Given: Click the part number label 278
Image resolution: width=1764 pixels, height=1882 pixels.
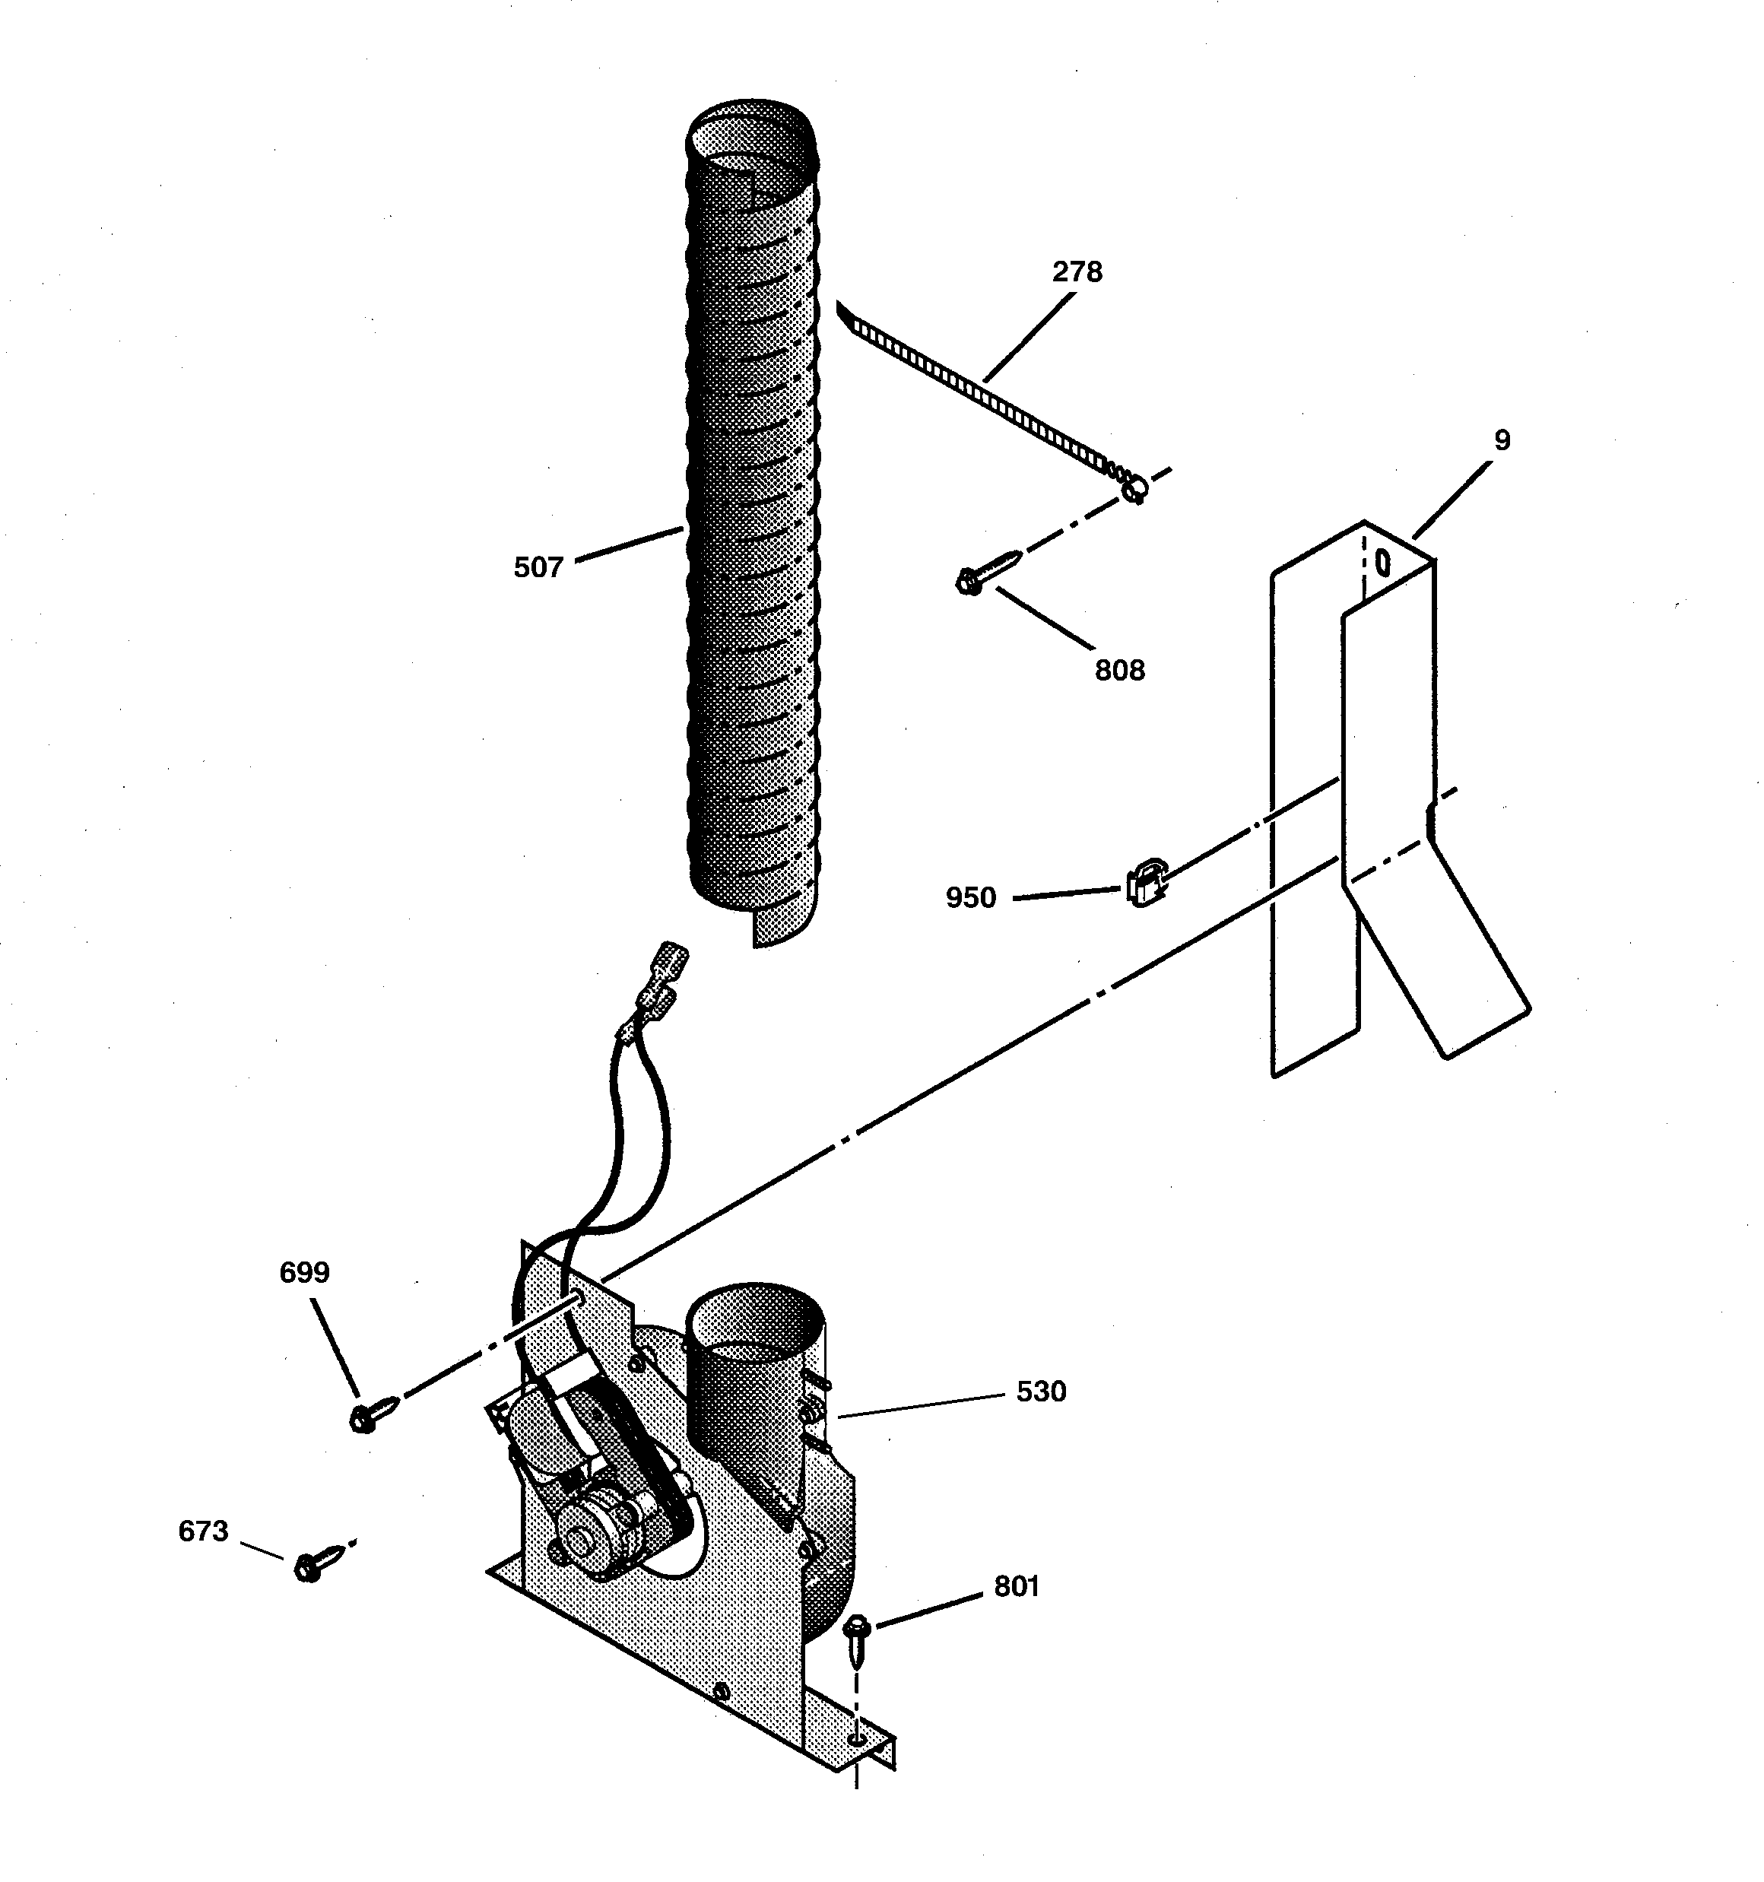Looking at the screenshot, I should (x=1077, y=273).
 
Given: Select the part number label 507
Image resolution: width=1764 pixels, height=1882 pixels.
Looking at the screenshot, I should (x=538, y=567).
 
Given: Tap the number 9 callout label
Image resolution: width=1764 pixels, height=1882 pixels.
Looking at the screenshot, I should (x=1502, y=441).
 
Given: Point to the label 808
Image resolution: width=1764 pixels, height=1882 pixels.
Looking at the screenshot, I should (x=1119, y=670).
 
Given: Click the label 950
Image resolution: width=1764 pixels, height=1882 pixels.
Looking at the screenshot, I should (x=970, y=897).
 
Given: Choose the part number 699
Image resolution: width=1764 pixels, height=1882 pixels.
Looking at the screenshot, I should (x=304, y=1272).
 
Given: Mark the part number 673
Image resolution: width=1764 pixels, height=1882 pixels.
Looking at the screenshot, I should (x=202, y=1531).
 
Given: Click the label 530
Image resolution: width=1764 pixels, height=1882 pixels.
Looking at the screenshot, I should (x=1041, y=1391).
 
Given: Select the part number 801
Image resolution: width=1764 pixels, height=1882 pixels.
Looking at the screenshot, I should (x=1016, y=1585).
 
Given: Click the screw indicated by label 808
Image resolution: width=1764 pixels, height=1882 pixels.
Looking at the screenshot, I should (x=988, y=572).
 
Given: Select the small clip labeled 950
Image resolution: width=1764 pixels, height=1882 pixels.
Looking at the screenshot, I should (x=1145, y=884).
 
